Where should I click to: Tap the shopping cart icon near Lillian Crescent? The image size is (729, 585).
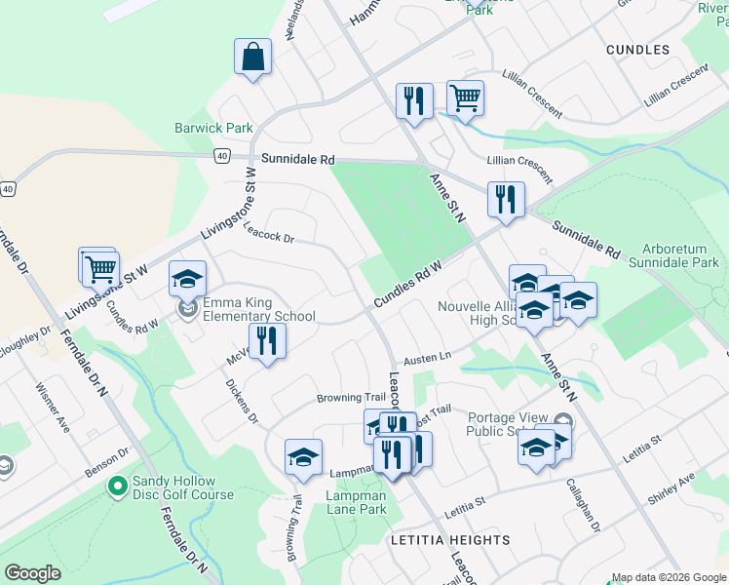(466, 97)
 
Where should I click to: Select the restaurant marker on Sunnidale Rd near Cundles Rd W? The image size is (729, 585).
(506, 199)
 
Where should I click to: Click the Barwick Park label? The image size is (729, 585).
(213, 128)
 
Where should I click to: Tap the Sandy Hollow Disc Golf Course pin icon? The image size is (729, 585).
(118, 485)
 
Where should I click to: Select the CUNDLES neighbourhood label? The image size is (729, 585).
(637, 49)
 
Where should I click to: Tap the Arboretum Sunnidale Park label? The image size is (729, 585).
(672, 255)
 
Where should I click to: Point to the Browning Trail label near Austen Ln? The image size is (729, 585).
(351, 398)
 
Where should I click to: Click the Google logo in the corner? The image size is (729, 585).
(32, 573)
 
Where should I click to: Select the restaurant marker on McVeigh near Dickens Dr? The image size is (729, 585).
(265, 341)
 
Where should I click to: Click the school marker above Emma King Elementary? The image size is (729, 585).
(187, 280)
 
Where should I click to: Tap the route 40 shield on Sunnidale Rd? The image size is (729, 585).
(223, 156)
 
